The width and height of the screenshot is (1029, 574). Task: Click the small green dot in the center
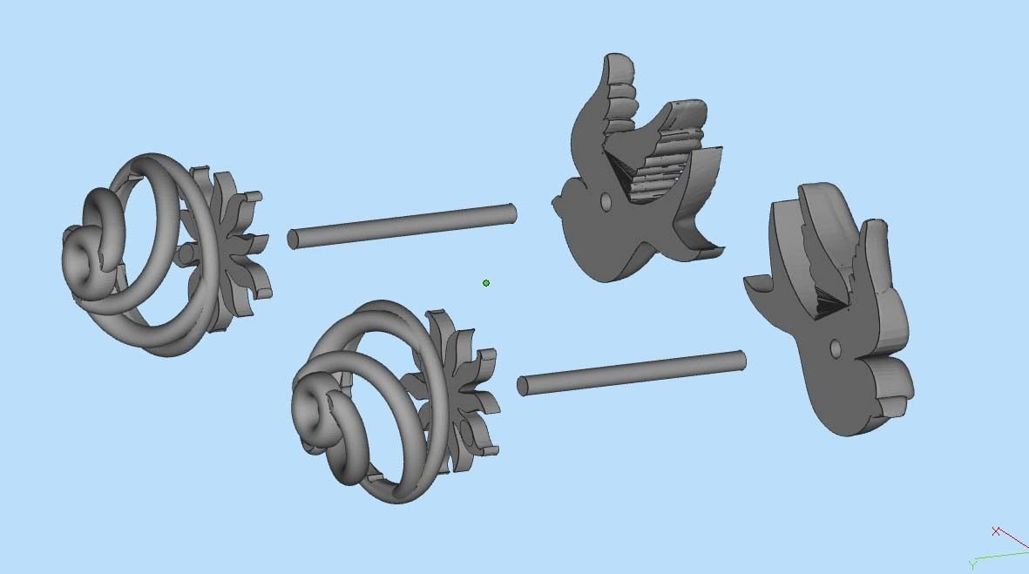pos(486,283)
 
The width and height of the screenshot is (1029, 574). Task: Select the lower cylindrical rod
pos(633,373)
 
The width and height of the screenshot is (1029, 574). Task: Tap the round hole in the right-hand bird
pos(836,349)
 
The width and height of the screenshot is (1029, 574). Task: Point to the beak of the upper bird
pos(554,206)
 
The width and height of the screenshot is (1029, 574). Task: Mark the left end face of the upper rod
pos(293,239)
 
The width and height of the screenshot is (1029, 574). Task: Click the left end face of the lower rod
pos(523,386)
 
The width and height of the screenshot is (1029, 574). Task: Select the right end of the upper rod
pos(511,213)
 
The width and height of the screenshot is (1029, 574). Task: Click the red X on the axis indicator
pos(996,530)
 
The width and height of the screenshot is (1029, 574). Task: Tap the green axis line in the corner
pos(1002,554)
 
